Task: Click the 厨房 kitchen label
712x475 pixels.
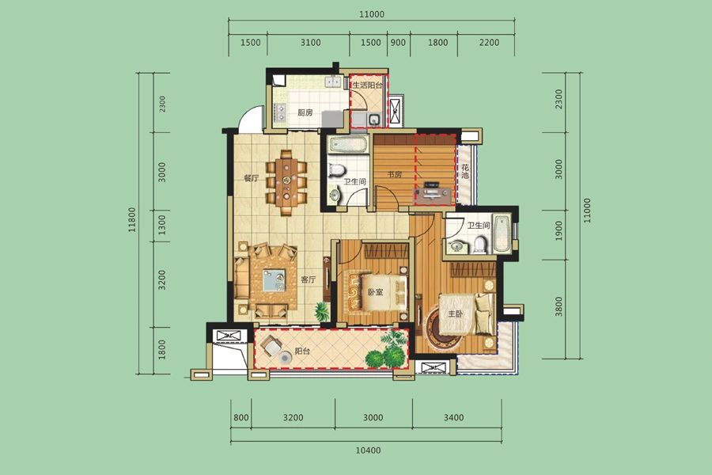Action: [305, 112]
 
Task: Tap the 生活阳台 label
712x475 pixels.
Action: [368, 85]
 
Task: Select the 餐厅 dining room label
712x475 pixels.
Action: [251, 178]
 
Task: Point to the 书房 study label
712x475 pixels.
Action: [395, 174]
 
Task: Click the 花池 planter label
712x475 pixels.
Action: [465, 171]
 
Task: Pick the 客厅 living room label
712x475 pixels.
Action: [308, 279]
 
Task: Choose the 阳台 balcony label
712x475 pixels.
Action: [302, 351]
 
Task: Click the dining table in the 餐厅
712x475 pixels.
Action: [286, 183]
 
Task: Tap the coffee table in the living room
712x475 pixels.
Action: [274, 280]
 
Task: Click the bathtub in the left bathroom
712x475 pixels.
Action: [347, 145]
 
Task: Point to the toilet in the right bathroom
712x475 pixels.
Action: [479, 245]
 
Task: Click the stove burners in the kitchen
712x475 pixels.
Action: [280, 112]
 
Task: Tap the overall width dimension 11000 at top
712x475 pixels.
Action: [372, 14]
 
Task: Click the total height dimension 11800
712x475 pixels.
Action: [131, 220]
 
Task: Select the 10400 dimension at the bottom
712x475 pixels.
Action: [368, 450]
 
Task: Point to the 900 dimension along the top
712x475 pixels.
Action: [398, 42]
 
